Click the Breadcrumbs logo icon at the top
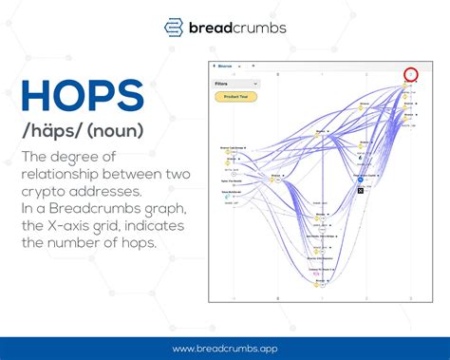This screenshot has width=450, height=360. click(x=173, y=26)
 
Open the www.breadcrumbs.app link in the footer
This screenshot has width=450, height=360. click(x=224, y=348)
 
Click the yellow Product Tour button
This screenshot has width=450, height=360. click(x=236, y=97)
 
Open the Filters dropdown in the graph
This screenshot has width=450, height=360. click(x=235, y=84)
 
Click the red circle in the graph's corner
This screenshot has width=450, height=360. click(x=410, y=74)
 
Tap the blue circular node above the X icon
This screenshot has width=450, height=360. click(x=360, y=181)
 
